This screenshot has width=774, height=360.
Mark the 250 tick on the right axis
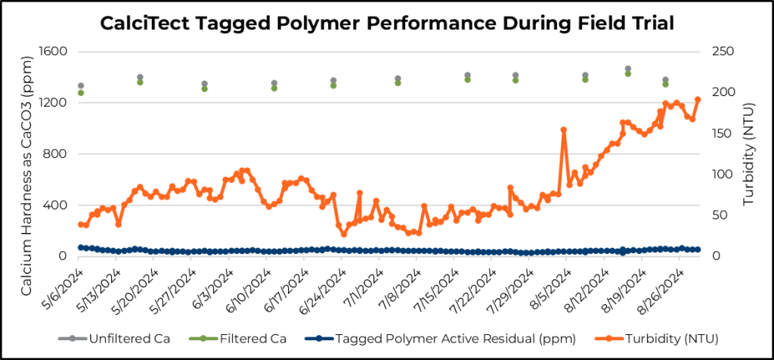coord(722,51)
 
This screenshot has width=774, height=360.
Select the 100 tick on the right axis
coord(722,174)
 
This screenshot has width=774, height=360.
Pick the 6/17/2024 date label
coord(289,283)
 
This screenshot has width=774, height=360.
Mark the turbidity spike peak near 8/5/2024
coord(564,129)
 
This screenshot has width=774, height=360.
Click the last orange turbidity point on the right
coord(698,99)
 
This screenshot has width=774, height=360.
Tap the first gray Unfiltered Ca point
coord(81,86)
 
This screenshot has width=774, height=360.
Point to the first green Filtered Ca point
coord(81,93)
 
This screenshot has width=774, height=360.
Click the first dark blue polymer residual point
coord(81,247)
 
